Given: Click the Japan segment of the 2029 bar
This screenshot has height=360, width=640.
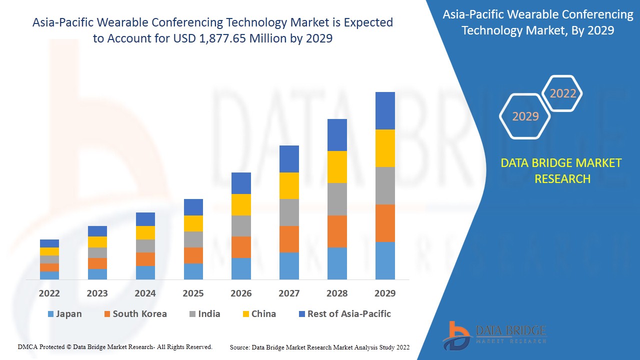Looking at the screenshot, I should tap(385, 260).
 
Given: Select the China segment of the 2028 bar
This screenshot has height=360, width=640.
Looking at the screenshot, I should tap(337, 167).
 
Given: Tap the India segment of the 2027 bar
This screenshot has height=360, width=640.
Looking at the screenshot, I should tap(289, 212).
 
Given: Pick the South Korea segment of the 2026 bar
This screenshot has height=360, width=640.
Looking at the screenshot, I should tap(241, 247).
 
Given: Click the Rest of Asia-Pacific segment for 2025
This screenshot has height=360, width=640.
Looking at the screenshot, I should tap(193, 207).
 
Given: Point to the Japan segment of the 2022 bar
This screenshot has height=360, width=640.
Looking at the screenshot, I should tap(49, 275).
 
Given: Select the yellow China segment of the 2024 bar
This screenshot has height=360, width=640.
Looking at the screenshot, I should tap(145, 232).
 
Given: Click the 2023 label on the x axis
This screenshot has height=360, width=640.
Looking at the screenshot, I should tap(97, 293).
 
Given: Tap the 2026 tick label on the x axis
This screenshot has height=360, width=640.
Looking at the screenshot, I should tap(241, 293).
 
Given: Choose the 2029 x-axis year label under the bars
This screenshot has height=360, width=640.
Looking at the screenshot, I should tap(385, 293).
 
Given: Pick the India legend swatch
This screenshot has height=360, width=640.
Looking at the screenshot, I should tap(192, 314).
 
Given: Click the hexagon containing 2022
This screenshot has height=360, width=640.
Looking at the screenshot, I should tap(562, 93).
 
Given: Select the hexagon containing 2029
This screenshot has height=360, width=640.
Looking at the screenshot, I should tap(525, 116).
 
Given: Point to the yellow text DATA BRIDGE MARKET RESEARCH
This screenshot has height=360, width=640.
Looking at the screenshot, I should tap(562, 170).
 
